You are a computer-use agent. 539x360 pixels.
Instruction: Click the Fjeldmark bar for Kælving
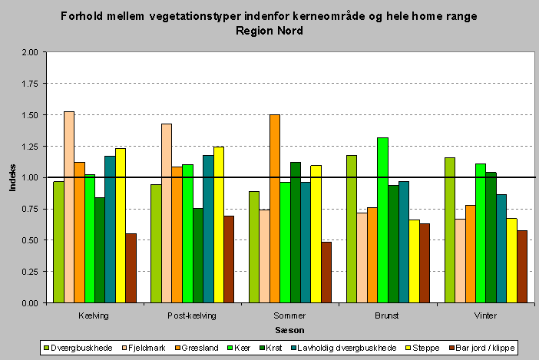click(69, 207)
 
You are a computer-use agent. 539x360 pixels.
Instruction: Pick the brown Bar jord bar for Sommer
click(326, 272)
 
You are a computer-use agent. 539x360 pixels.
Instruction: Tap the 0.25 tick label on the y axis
click(30, 272)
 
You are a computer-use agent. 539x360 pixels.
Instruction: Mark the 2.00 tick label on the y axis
click(30, 52)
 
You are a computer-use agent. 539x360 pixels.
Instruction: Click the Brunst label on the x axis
click(387, 315)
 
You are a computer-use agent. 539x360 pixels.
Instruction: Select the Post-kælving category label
click(192, 315)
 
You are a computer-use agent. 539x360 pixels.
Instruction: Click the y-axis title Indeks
click(12, 177)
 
